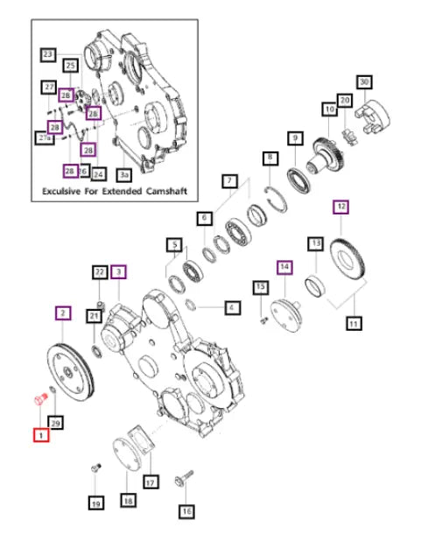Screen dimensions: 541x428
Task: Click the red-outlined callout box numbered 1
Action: tap(40, 434)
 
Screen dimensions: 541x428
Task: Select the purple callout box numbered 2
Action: tap(62, 312)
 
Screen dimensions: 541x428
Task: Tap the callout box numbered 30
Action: tap(364, 81)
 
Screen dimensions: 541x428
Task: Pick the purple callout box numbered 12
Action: tap(340, 207)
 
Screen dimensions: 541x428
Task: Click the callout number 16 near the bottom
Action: tap(186, 510)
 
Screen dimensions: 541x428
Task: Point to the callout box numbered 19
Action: tap(95, 503)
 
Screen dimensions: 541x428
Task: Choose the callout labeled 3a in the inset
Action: tap(124, 175)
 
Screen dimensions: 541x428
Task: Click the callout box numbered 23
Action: tap(47, 55)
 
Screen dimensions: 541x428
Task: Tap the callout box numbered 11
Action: tap(354, 324)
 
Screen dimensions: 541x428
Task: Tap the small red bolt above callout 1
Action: tap(39, 401)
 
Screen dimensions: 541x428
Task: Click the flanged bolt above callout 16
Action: tap(184, 478)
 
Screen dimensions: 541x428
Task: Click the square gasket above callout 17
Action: tap(143, 443)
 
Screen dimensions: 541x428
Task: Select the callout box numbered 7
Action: tap(229, 181)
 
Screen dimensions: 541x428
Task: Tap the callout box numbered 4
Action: tap(231, 308)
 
